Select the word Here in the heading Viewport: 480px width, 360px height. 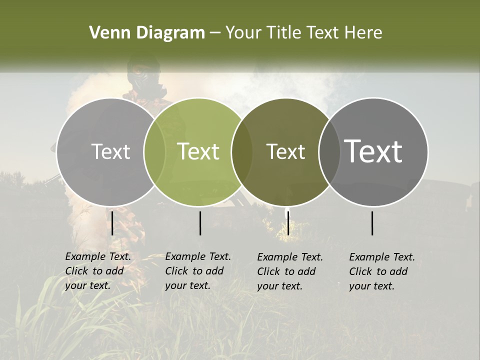pos(363,33)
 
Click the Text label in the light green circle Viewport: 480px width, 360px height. pos(198,151)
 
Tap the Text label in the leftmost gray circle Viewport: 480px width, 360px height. pos(110,151)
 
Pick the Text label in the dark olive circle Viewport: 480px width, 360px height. pos(285,151)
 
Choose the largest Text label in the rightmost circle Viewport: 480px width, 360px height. pos(373,151)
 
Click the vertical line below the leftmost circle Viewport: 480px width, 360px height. pos(112,223)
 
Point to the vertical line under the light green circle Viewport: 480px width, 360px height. pos(200,223)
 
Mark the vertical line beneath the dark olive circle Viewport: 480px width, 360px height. pos(288,223)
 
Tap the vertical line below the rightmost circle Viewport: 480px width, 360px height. pos(372,223)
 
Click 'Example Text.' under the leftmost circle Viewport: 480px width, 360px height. pos(98,257)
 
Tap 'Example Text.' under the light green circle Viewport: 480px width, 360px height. pos(198,257)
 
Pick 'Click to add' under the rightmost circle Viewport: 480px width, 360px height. pos(378,271)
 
